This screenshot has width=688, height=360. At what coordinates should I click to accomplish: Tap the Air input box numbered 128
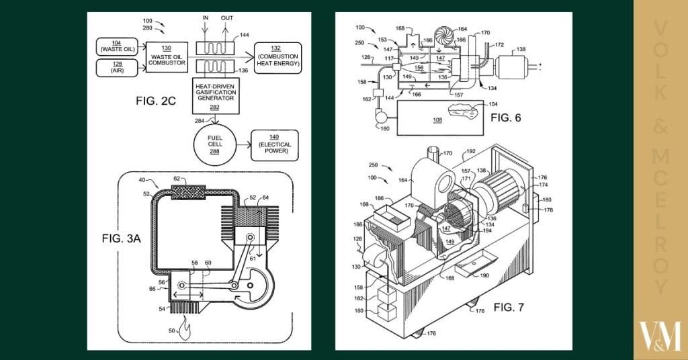pyautogui.click(x=118, y=68)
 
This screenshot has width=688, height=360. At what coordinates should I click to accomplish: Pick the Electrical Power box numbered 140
pyautogui.click(x=273, y=146)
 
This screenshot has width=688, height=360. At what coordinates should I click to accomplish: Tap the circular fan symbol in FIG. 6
pyautogui.click(x=441, y=36)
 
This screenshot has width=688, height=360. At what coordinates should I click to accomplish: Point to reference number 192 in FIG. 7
pyautogui.click(x=470, y=152)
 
